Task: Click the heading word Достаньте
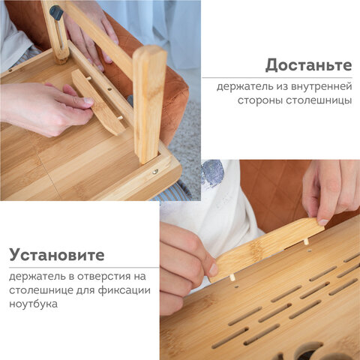[x=308, y=64]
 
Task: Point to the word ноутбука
[x=34, y=304]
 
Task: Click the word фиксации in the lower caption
[x=128, y=290]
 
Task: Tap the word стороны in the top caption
[x=257, y=100]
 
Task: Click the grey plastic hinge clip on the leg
[x=55, y=13]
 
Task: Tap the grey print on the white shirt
[x=212, y=173]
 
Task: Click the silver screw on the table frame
[x=154, y=171]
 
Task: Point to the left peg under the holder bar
[x=232, y=277]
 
